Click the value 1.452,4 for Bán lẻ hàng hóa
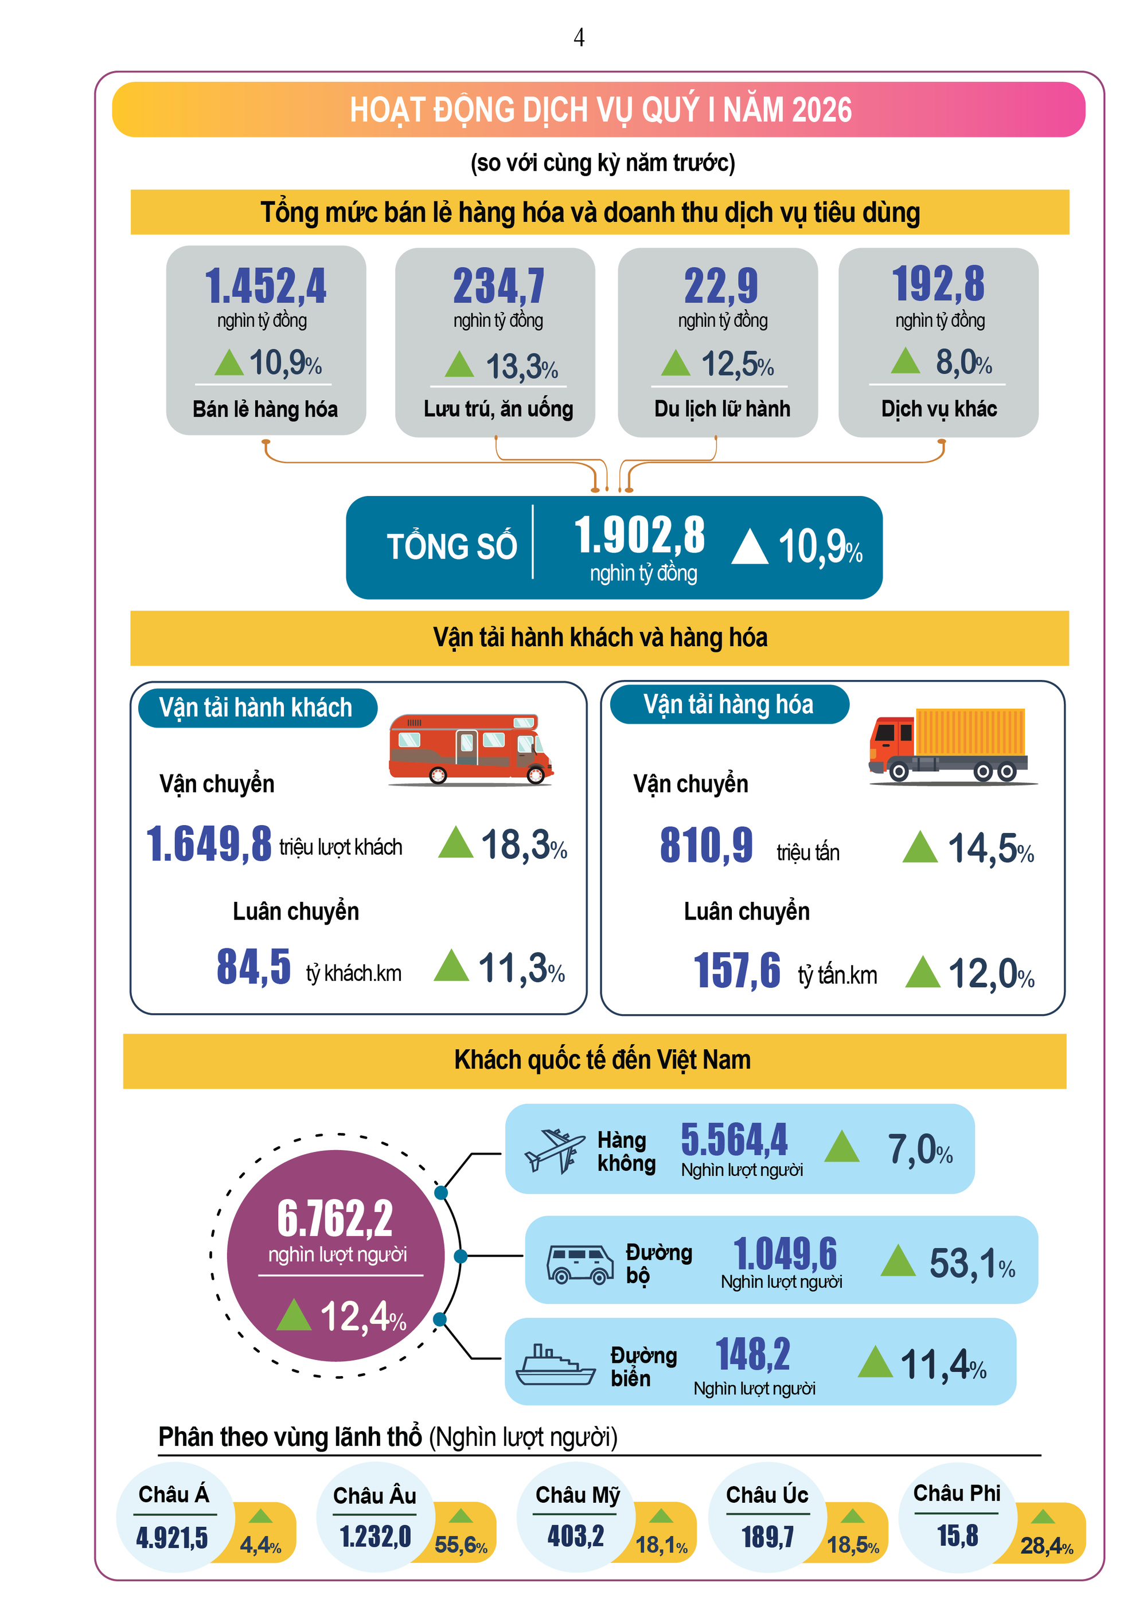tap(266, 286)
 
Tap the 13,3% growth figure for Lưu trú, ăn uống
tap(521, 366)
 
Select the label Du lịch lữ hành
tap(721, 409)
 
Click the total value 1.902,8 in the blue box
tap(639, 535)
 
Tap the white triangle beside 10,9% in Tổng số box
tap(749, 548)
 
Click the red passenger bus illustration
tap(470, 749)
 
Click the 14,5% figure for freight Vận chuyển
tap(990, 849)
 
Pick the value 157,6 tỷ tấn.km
tap(736, 971)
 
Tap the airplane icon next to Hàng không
tap(554, 1151)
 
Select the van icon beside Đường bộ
tap(579, 1263)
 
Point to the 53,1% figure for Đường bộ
tap(972, 1263)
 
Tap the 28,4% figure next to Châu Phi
tap(1046, 1546)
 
